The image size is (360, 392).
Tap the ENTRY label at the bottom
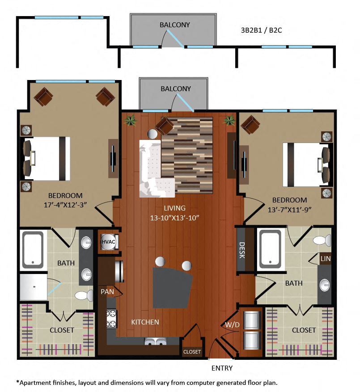pyautogui.click(x=222, y=368)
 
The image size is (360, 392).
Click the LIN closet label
pyautogui.click(x=325, y=259)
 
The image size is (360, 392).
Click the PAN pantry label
pyautogui.click(x=107, y=292)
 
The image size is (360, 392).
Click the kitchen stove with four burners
pyautogui.click(x=111, y=319)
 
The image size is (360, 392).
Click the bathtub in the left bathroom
pyautogui.click(x=33, y=249)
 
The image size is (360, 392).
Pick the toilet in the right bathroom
pyautogui.click(x=322, y=240)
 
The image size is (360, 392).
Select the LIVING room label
pyautogui.click(x=174, y=208)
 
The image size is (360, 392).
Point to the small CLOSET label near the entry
pyautogui.click(x=192, y=352)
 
